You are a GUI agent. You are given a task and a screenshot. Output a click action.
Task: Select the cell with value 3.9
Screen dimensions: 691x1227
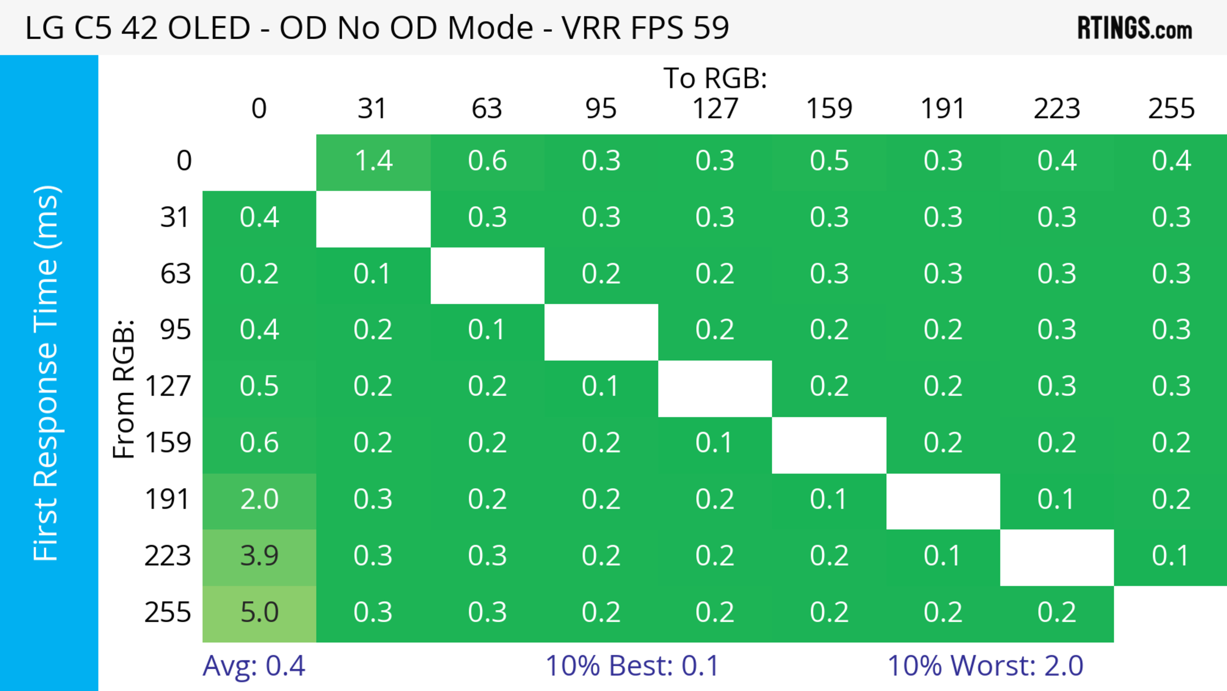pyautogui.click(x=259, y=556)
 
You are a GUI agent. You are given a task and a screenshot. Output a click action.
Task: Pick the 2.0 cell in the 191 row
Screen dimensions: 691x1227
pyautogui.click(x=259, y=500)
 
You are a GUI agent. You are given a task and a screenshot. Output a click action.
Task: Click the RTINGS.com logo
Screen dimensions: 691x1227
pyautogui.click(x=1135, y=28)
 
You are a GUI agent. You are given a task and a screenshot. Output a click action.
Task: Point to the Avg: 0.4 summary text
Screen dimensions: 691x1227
pyautogui.click(x=253, y=666)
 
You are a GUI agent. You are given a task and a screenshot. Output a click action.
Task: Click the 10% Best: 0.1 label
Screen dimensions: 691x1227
pyautogui.click(x=632, y=666)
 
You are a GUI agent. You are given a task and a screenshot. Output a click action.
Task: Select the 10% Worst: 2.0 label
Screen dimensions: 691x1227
pyautogui.click(x=985, y=666)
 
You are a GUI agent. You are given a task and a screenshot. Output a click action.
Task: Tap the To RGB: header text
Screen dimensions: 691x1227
pyautogui.click(x=715, y=78)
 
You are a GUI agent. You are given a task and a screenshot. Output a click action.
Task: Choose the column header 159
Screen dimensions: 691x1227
pyautogui.click(x=829, y=109)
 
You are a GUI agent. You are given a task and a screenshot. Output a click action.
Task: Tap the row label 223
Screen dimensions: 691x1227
pyautogui.click(x=168, y=556)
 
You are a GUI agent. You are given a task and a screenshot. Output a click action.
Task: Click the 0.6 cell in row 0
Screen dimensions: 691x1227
pyautogui.click(x=487, y=161)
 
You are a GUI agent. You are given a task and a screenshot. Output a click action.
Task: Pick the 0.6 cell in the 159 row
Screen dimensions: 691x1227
pyautogui.click(x=259, y=443)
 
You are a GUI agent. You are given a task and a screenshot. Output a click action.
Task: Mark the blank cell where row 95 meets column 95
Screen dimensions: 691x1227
pyautogui.click(x=601, y=332)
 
